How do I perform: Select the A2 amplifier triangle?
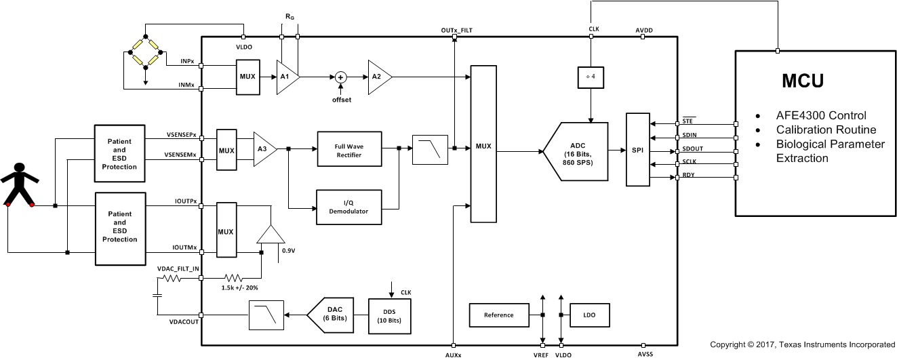pyautogui.click(x=378, y=77)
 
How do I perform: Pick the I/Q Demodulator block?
pyautogui.click(x=348, y=207)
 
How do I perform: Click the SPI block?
pyautogui.click(x=637, y=150)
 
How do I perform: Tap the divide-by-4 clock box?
pyautogui.click(x=591, y=77)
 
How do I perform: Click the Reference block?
pyautogui.click(x=498, y=315)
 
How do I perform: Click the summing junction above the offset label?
pyautogui.click(x=341, y=77)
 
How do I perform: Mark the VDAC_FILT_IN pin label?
pyautogui.click(x=178, y=269)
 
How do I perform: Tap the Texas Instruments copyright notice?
pyautogui.click(x=802, y=345)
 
